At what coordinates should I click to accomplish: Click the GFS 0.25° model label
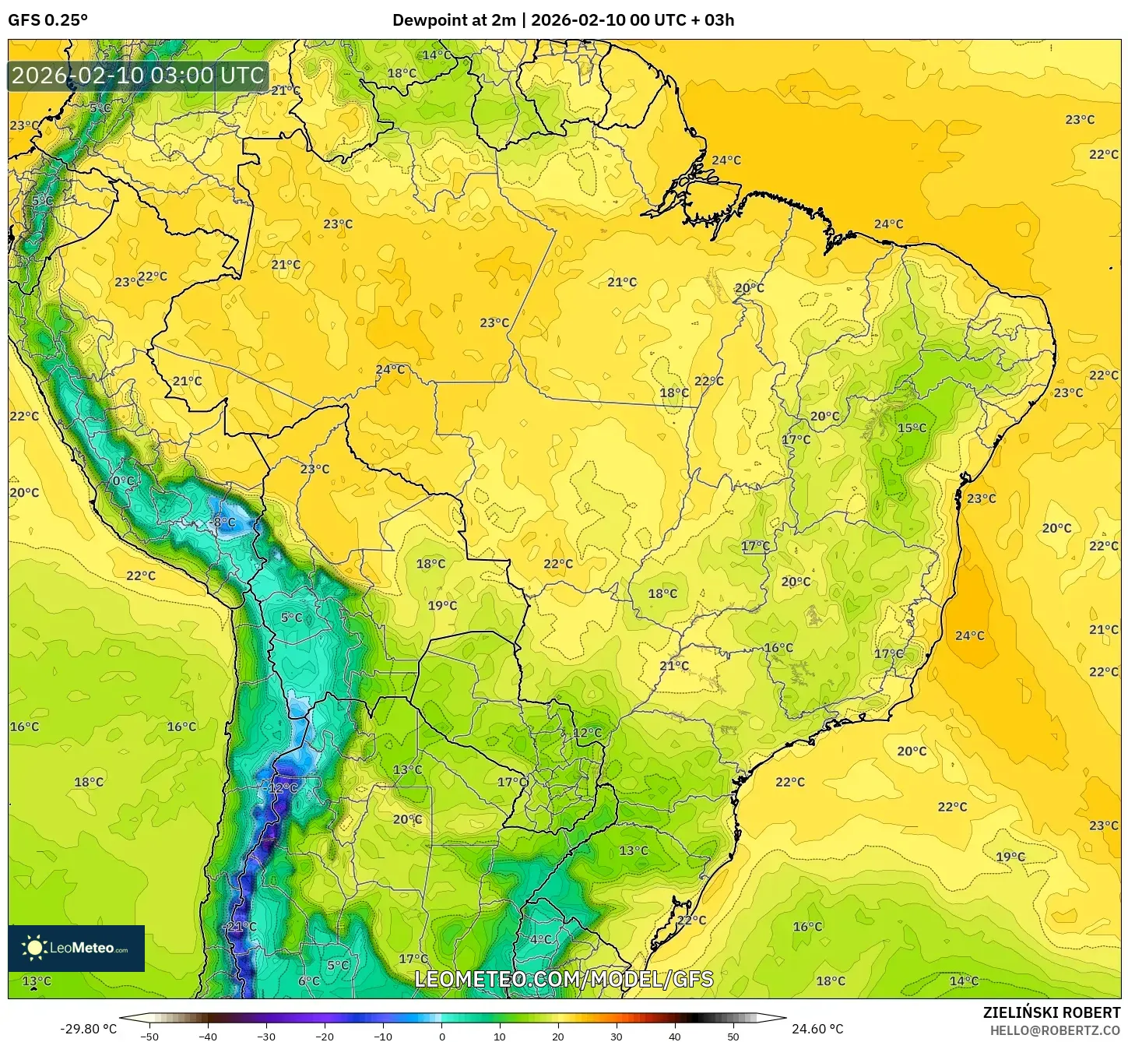coord(47,20)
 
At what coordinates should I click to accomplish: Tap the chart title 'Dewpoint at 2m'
coord(454,20)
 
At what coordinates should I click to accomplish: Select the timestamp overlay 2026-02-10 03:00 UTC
coord(138,76)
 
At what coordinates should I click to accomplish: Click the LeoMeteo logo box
coord(76,948)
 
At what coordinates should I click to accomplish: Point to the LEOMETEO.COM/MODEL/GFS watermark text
coord(564,979)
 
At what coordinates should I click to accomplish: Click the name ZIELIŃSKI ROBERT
coord(1052,1013)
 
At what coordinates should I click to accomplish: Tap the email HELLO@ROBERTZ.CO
coord(1055,1030)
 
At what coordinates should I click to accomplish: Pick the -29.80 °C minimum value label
coord(88,1029)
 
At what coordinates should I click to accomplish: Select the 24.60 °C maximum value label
coord(817,1029)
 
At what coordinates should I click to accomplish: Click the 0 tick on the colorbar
coord(441,1036)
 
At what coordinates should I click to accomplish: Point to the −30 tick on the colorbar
coord(266,1036)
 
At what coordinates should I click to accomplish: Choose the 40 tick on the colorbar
coord(675,1036)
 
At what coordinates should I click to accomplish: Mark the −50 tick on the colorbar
coord(149,1036)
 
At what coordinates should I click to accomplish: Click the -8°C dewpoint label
coord(223,523)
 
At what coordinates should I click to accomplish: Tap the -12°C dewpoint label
coord(282,787)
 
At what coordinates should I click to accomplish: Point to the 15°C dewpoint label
coord(912,428)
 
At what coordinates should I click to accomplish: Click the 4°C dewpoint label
coord(540,939)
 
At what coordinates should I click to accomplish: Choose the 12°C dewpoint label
coord(588,733)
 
